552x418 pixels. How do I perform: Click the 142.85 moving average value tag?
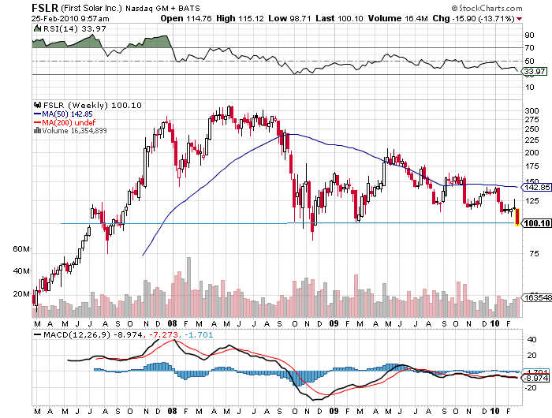click(536, 188)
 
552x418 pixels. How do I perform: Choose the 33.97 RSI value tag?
click(535, 72)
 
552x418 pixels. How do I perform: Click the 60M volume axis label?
click(21, 248)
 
